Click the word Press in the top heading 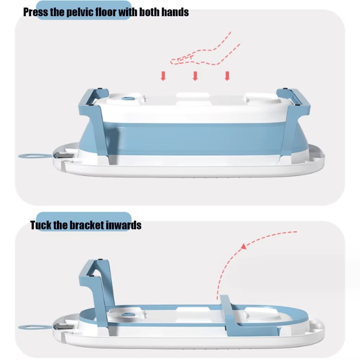pos(36,12)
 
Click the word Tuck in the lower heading pos(41,225)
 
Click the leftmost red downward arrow pos(163,76)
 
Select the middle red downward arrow pos(195,76)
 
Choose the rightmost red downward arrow pos(227,76)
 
